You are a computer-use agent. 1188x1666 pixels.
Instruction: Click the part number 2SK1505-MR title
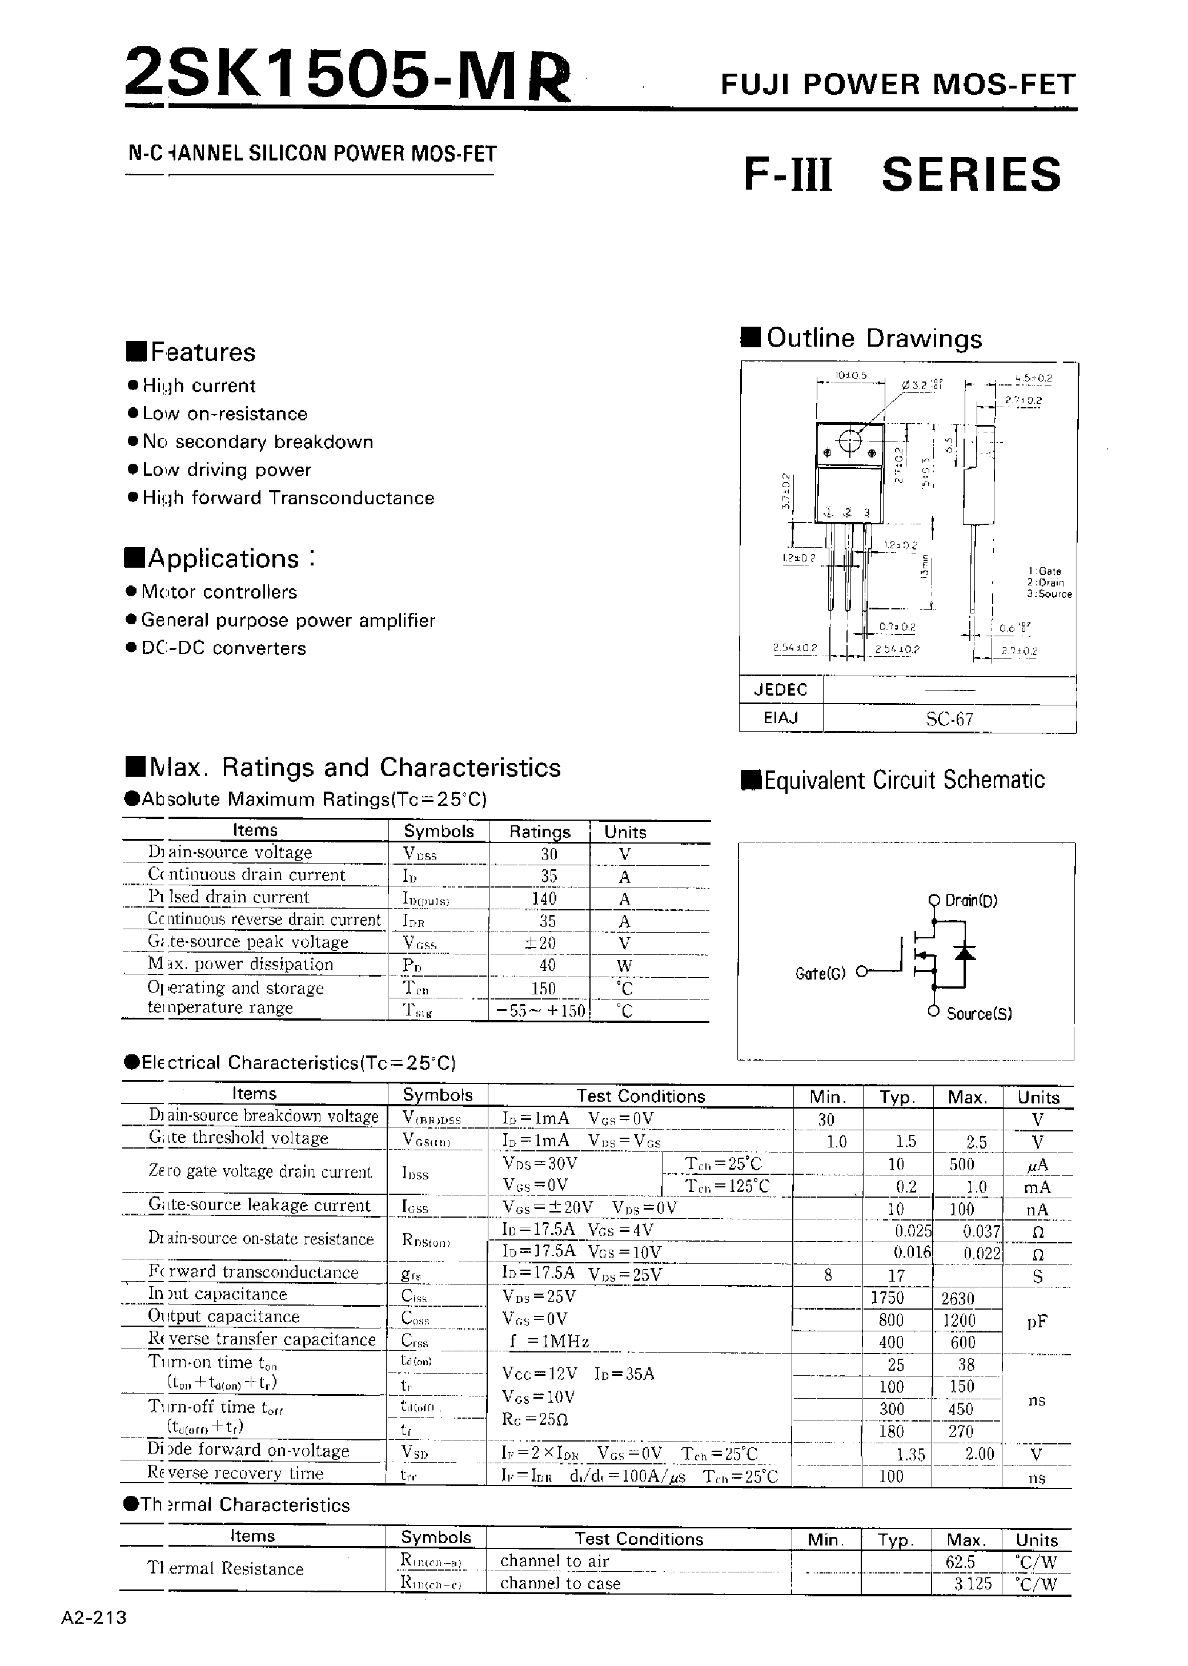(347, 75)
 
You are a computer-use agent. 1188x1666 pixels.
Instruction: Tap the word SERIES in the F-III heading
(971, 175)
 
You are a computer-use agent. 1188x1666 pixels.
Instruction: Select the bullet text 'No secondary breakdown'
(258, 441)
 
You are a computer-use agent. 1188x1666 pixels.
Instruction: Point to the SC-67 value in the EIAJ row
(949, 719)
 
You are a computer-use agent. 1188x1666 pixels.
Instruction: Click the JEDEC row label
(781, 690)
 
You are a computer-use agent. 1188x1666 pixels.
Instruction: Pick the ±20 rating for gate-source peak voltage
(540, 943)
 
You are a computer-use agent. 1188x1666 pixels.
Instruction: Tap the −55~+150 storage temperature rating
(540, 1011)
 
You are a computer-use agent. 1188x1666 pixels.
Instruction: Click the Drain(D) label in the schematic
(971, 900)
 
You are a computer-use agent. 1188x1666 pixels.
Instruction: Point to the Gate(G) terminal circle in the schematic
(862, 972)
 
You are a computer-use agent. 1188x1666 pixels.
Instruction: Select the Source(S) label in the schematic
(979, 1014)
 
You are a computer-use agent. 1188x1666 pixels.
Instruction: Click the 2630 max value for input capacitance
(958, 1298)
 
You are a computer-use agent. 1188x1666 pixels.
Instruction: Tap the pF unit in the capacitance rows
(1037, 1321)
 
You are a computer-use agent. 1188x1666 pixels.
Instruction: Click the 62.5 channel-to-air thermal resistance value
(960, 1561)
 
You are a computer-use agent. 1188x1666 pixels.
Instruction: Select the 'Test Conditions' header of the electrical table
(640, 1095)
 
